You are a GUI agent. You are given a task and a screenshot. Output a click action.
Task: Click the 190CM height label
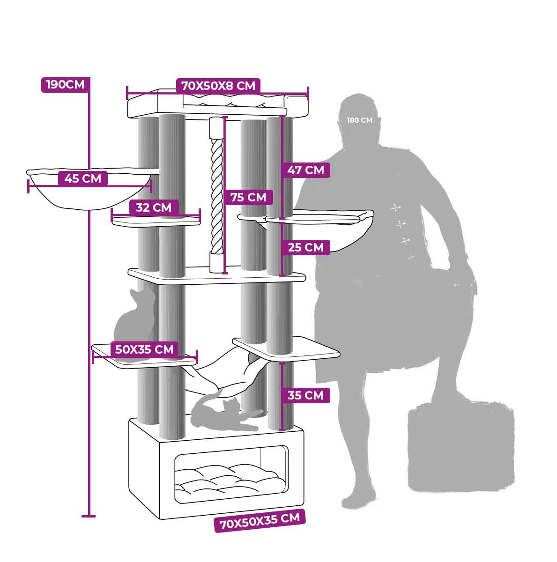pos(65,85)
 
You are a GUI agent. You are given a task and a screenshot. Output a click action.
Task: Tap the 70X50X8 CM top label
pos(218,86)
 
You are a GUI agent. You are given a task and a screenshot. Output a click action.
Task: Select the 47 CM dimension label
pos(305,170)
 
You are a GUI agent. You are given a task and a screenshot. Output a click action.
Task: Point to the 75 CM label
pos(248,198)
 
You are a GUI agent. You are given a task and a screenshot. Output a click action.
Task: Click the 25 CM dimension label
pos(305,247)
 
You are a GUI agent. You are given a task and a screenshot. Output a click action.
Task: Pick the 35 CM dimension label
pos(305,395)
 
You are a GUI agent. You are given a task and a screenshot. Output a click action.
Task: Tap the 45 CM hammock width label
pos(82,178)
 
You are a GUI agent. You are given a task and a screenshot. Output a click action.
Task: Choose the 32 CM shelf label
pos(154,207)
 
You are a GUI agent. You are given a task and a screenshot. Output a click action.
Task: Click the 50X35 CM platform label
pos(144,349)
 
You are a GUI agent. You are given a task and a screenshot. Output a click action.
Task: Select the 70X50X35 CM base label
pos(260,520)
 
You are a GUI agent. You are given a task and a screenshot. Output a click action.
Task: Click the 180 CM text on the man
pos(359,120)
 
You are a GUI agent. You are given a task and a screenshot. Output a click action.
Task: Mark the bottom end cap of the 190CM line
pos(88,516)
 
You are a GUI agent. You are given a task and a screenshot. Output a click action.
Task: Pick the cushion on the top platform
pos(234,99)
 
